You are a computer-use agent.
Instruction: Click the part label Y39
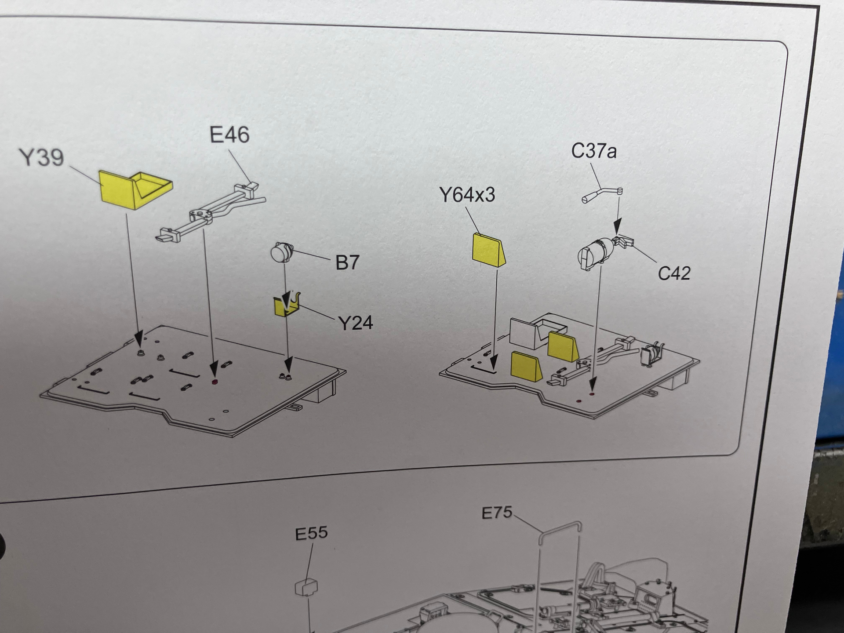pyautogui.click(x=41, y=157)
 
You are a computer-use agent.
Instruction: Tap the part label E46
pyautogui.click(x=229, y=135)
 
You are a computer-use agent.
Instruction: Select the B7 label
pyautogui.click(x=347, y=262)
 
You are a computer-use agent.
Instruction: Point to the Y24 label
pyautogui.click(x=356, y=323)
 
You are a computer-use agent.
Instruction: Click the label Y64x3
pyautogui.click(x=467, y=195)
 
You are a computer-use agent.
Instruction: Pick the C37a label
pyautogui.click(x=594, y=151)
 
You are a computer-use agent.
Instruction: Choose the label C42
pyautogui.click(x=674, y=273)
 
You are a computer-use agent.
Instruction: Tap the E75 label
pyautogui.click(x=497, y=513)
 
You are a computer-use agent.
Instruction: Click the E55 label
pyautogui.click(x=311, y=533)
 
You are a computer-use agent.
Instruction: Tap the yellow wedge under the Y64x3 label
pyautogui.click(x=488, y=250)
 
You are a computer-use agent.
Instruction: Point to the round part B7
pyautogui.click(x=281, y=253)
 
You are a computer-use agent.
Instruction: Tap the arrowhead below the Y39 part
pyautogui.click(x=139, y=339)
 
